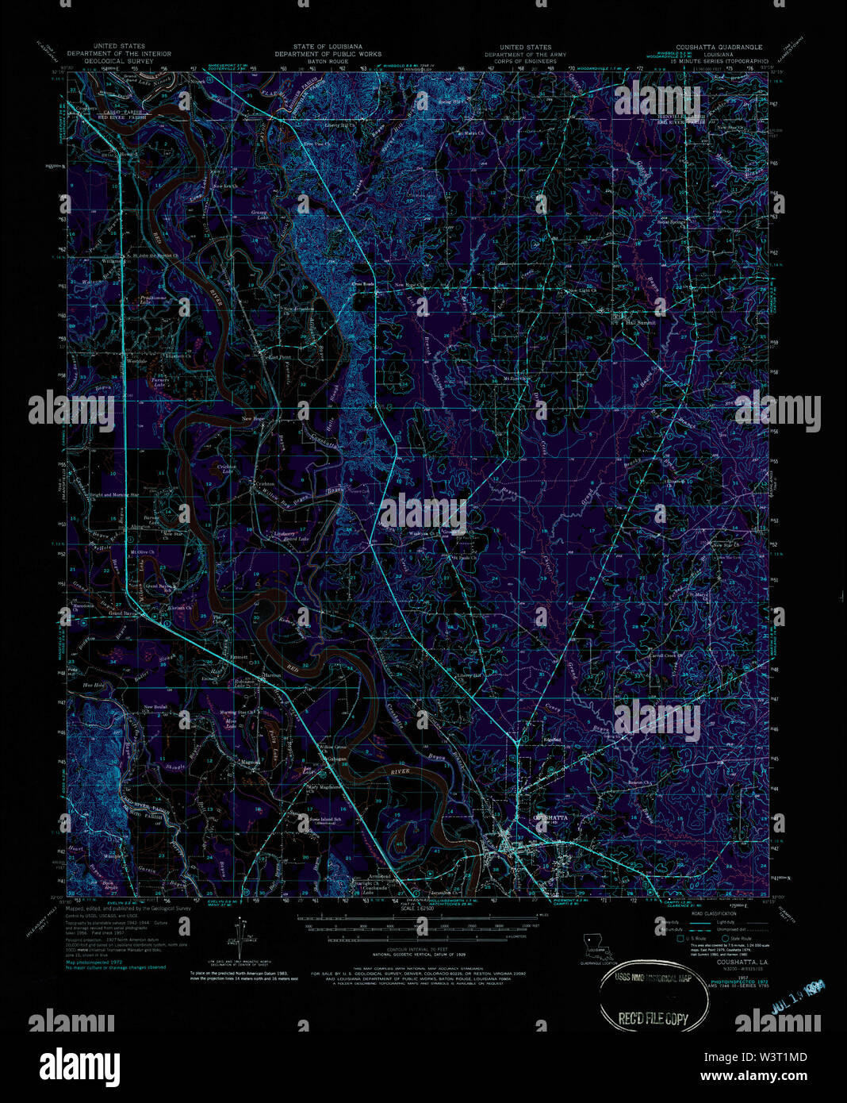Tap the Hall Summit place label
pos(640,323)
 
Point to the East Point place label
pos(278,358)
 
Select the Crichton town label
pos(264,483)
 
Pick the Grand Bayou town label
pos(123,613)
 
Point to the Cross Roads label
pos(363,285)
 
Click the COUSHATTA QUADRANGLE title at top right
pos(714,48)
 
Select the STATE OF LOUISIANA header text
pos(328,48)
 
